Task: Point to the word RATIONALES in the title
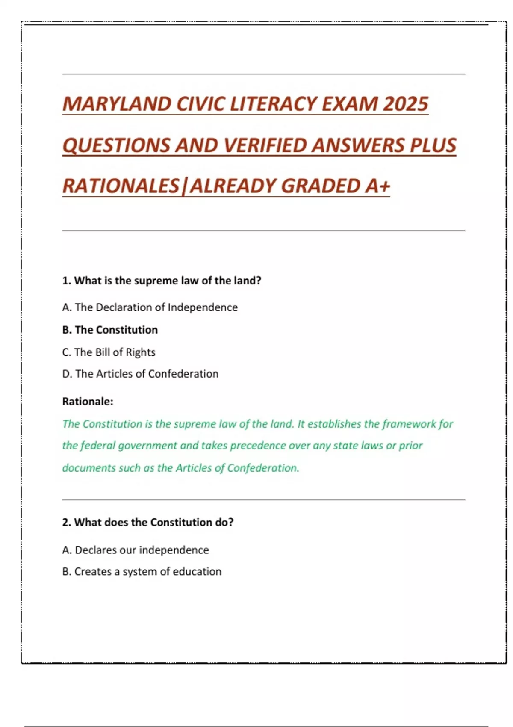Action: click(x=121, y=186)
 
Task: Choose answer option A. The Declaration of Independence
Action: click(x=150, y=307)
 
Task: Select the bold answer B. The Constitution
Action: click(x=110, y=330)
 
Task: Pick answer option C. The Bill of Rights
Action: click(x=109, y=352)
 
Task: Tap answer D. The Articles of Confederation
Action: click(x=140, y=374)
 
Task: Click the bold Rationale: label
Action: click(x=88, y=402)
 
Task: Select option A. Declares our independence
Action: click(x=136, y=550)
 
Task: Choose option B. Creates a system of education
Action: click(x=142, y=571)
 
